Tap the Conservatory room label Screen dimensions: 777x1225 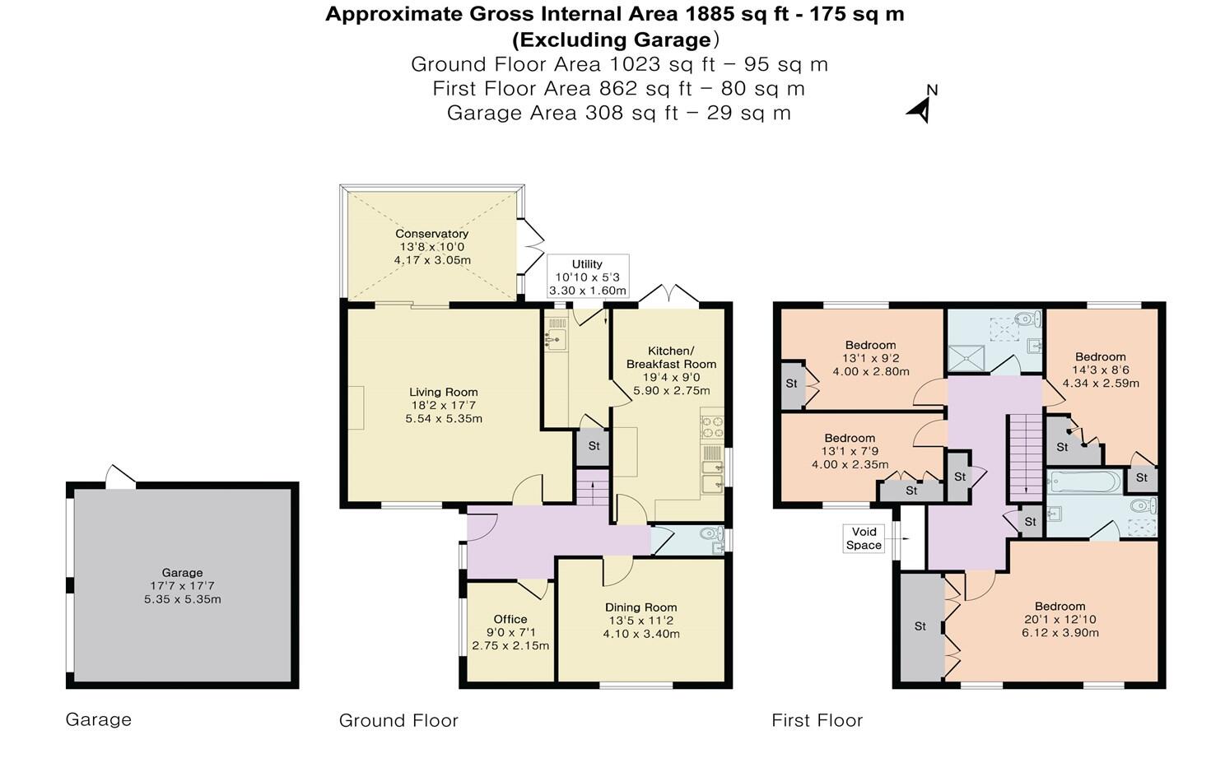pos(431,234)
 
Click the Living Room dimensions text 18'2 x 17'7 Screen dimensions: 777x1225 pos(443,406)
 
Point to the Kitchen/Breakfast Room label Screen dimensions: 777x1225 pos(671,357)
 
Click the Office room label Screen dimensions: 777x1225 pos(510,620)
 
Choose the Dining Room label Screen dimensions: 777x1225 pos(640,607)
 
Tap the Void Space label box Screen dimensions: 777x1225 pos(864,538)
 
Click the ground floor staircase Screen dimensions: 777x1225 pos(591,491)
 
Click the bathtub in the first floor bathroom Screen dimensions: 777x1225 pos(1084,481)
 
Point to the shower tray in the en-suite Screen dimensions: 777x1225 pos(966,357)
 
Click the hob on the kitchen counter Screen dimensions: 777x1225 pos(711,426)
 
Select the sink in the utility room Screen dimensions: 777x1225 pos(556,337)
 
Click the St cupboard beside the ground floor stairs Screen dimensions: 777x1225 pos(593,447)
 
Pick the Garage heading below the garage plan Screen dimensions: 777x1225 pos(99,719)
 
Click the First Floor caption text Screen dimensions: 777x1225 pos(817,721)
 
